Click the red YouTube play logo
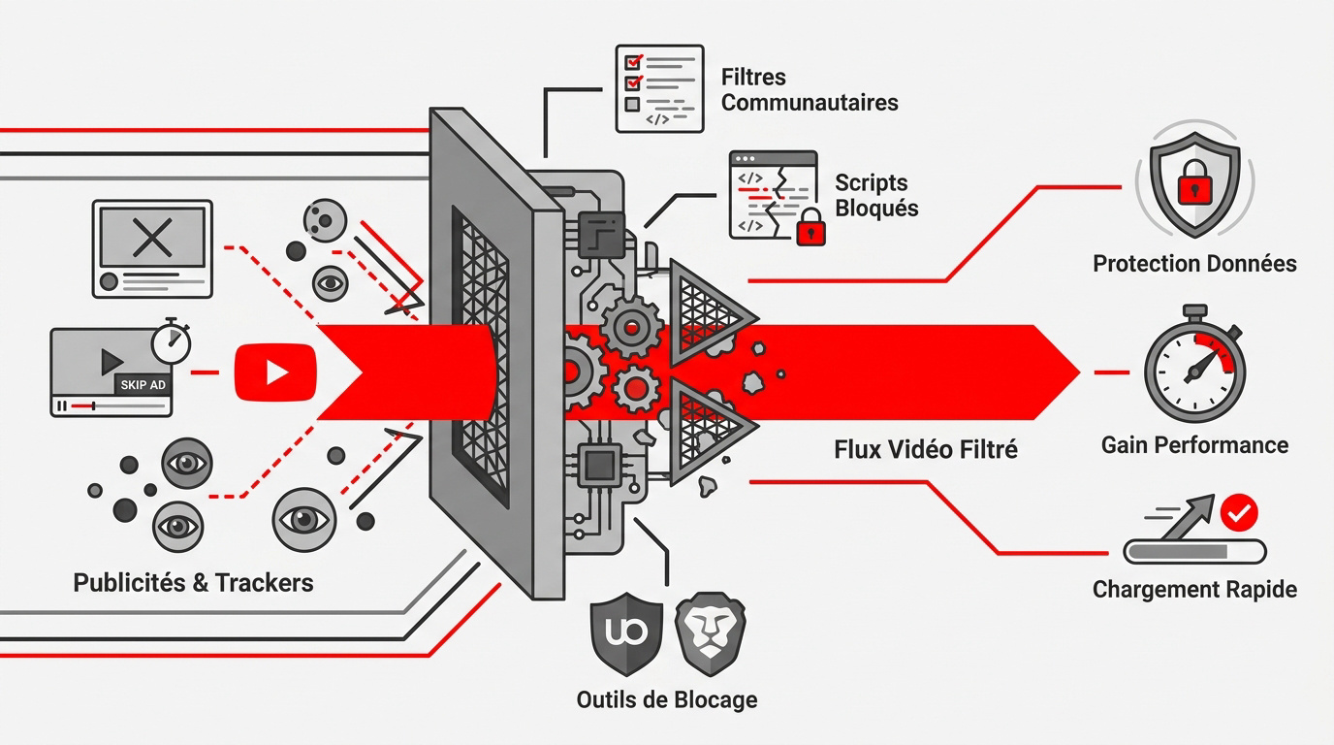point(275,372)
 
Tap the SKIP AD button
point(143,385)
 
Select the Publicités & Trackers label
point(194,582)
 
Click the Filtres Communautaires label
point(810,89)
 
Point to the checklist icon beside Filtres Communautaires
point(659,88)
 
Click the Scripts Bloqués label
point(875,195)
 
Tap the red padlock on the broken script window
point(810,231)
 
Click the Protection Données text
point(1194,263)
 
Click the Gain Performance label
point(1194,445)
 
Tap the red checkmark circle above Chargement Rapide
point(1238,511)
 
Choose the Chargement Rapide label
point(1194,590)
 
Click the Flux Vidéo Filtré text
point(926,449)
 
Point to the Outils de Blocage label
point(667,699)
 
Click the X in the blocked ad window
point(151,238)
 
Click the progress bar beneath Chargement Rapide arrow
point(1194,552)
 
